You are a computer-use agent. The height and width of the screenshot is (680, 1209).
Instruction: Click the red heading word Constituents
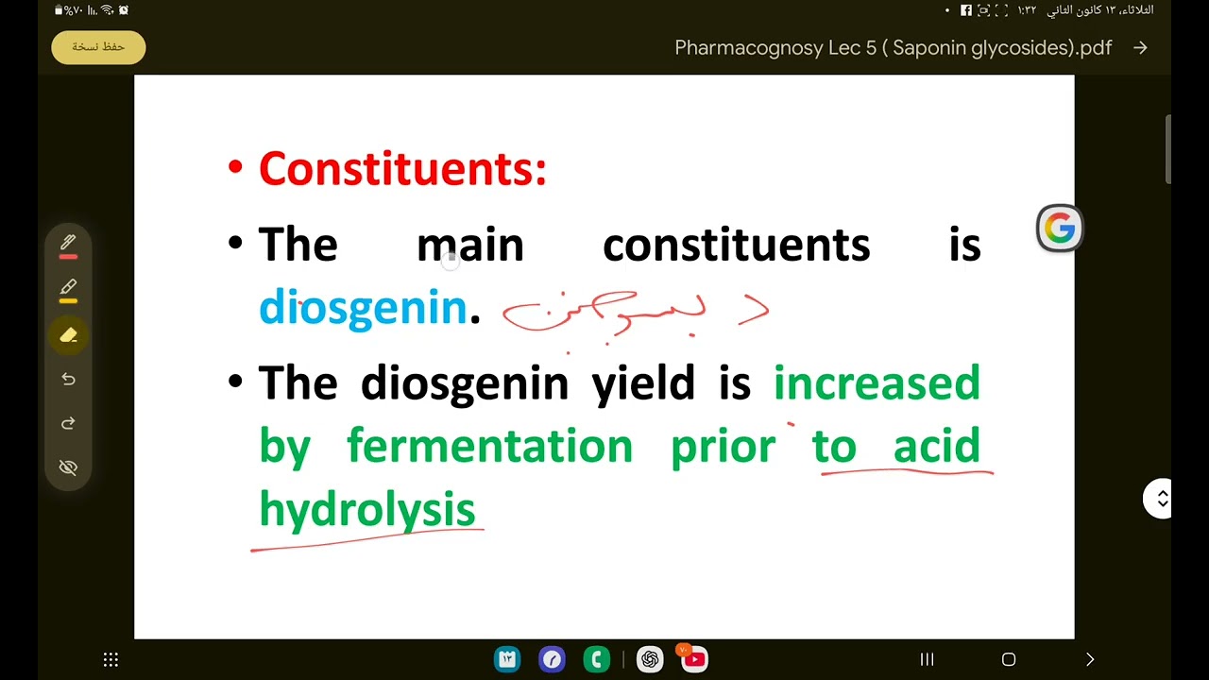401,169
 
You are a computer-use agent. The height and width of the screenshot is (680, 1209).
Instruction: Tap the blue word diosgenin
363,308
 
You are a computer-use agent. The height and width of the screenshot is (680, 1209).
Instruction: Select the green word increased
877,383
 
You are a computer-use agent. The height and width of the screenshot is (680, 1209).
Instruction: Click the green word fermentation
489,446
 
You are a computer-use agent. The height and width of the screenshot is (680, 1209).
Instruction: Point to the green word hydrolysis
366,510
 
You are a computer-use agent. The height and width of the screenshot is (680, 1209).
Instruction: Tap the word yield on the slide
642,383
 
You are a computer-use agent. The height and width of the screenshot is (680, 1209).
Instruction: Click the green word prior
723,446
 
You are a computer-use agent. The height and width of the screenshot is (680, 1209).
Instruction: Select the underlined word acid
936,446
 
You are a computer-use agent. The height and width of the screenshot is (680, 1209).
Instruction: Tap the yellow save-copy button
98,47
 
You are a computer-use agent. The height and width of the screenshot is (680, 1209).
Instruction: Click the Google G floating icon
1059,229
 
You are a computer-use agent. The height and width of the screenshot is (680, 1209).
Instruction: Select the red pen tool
68,245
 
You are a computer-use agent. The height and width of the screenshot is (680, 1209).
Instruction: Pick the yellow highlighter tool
68,289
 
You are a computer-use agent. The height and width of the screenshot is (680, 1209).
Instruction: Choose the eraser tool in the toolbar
68,334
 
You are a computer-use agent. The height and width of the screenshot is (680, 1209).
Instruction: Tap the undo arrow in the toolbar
68,379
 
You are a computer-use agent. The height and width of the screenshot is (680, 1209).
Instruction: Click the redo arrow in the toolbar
68,423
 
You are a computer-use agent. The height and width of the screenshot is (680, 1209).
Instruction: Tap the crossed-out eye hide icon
68,467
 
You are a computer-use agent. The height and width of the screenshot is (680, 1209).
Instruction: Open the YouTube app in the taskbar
694,659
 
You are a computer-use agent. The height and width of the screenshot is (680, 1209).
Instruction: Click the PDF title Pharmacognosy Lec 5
893,48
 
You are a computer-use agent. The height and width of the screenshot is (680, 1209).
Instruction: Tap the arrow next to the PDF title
1140,48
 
